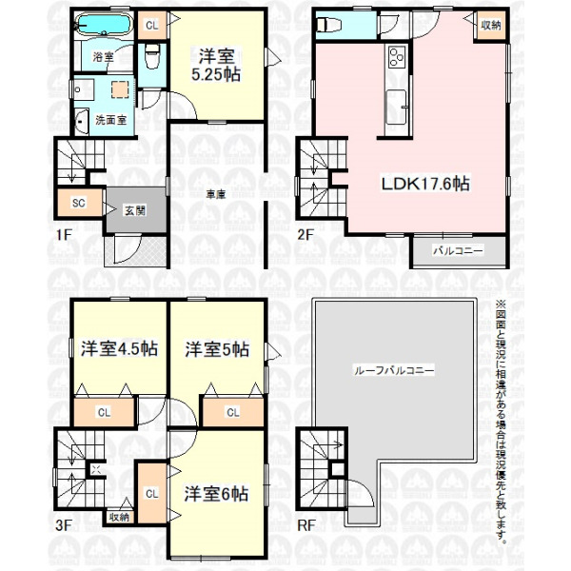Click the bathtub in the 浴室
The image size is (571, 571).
tap(104, 25)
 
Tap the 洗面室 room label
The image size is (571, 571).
tap(110, 120)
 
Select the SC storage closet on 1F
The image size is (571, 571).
tap(79, 203)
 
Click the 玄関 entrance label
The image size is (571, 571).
tap(135, 210)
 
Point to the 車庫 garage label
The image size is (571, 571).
tap(216, 195)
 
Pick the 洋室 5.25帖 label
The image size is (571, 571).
tap(216, 66)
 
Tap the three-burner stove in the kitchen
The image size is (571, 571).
tap(396, 57)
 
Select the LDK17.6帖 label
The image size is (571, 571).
tap(425, 183)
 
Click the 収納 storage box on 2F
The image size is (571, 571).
tap(490, 25)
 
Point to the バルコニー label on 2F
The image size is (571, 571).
tap(458, 250)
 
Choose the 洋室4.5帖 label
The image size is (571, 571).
tap(119, 348)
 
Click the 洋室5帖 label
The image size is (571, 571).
tap(217, 349)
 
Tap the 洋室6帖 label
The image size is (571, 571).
tap(216, 494)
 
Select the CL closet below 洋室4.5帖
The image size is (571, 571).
tap(104, 412)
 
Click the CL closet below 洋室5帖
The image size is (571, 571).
tap(233, 412)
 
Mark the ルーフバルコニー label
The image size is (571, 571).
tap(394, 371)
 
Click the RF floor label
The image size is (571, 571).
tap(306, 525)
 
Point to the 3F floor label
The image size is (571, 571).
tap(64, 525)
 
